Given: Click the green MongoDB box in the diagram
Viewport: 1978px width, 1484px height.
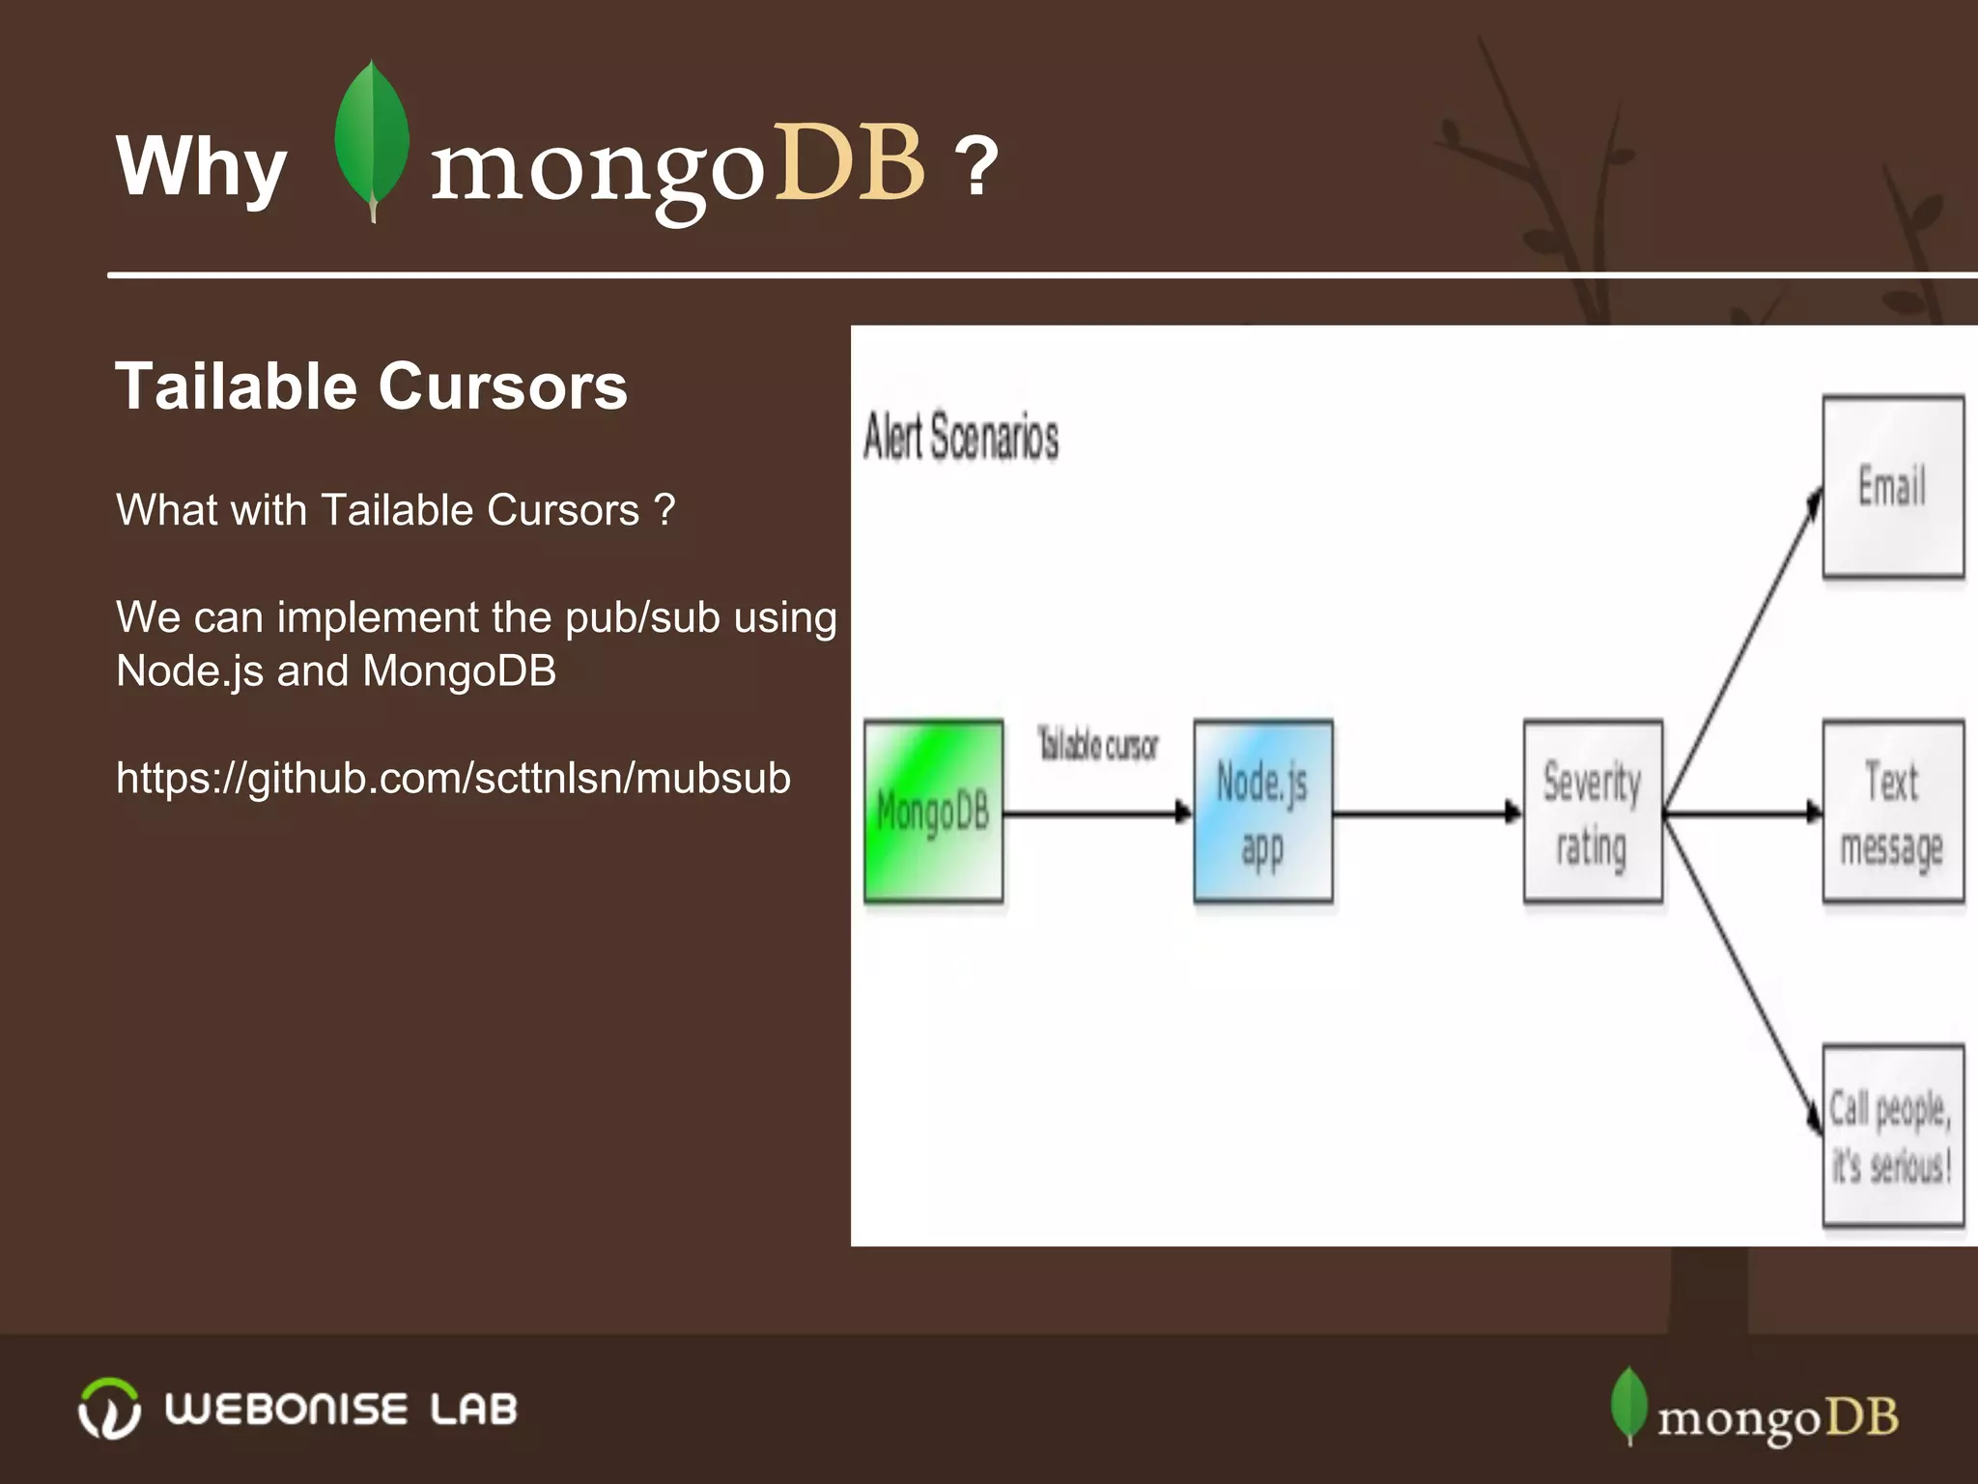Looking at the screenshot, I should tap(933, 811).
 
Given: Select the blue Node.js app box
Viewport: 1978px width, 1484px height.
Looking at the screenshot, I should tap(1262, 811).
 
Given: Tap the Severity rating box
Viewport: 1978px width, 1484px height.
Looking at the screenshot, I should tap(1593, 811).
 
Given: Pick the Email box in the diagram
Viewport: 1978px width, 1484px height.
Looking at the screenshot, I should tap(1892, 486).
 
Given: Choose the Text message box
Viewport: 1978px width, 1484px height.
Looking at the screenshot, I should tap(1892, 811).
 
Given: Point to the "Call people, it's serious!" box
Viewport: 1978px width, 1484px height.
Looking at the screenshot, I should tap(1892, 1135).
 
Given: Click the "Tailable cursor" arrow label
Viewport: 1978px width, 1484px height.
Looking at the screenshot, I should tap(1097, 745).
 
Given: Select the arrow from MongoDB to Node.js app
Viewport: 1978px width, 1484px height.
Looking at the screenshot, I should tap(1097, 813).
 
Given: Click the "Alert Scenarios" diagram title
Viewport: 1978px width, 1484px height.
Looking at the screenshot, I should tap(961, 437).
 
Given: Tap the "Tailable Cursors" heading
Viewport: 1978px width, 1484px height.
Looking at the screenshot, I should tap(371, 386).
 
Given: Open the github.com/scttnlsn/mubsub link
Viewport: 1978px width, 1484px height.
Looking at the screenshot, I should tap(453, 778).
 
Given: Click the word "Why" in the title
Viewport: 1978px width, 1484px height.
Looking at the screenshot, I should tap(201, 166).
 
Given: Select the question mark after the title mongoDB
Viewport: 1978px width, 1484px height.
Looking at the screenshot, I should tap(976, 166).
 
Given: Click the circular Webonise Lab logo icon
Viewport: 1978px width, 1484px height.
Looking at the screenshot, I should tap(109, 1408).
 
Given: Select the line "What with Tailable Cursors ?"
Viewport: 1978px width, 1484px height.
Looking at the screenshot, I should tap(395, 510).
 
